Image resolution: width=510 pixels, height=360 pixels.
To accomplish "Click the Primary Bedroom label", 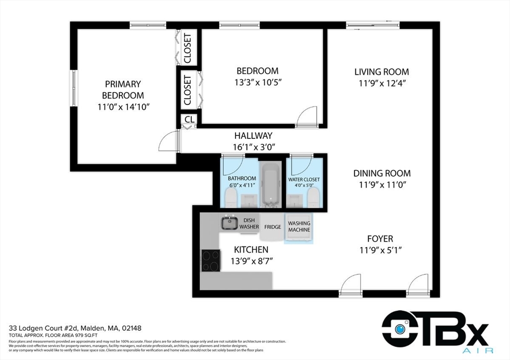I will click(123, 90).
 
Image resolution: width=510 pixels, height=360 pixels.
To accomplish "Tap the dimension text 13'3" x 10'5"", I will click(257, 82).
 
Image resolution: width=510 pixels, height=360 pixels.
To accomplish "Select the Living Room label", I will click(382, 72).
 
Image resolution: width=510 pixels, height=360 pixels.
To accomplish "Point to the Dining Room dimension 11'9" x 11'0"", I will click(382, 185).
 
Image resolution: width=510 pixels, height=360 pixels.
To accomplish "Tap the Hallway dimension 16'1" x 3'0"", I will click(254, 147).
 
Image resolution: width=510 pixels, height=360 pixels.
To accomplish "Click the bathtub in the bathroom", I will click(272, 184).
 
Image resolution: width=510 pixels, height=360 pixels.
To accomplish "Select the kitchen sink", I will click(230, 223).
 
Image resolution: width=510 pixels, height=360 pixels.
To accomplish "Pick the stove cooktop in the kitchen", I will click(211, 260).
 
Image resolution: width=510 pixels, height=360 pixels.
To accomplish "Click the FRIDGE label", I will click(272, 227).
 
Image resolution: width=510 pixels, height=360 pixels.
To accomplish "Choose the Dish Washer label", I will click(249, 223).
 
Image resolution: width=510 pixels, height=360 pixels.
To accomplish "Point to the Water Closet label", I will click(304, 179).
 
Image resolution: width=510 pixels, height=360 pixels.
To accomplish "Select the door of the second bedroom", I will click(306, 117).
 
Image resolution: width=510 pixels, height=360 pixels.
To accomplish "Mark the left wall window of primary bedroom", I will click(74, 88).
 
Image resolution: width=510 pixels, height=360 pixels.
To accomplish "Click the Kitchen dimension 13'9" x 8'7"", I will click(251, 260).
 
